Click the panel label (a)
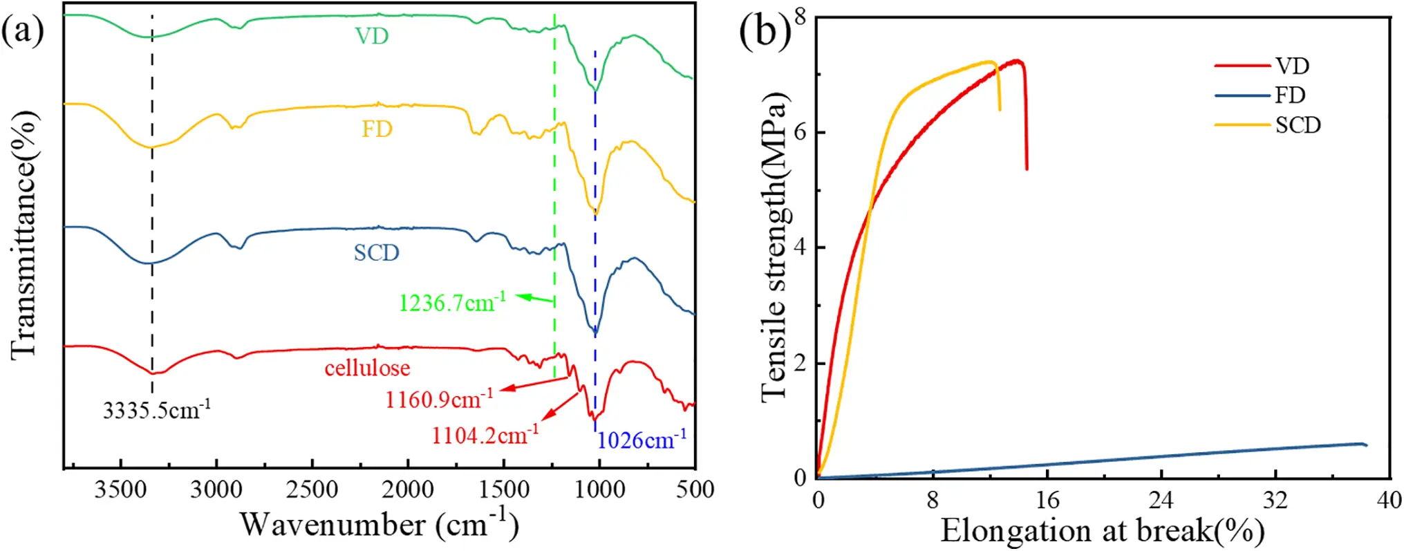point(23,31)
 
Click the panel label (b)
point(765,31)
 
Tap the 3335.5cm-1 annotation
point(157,410)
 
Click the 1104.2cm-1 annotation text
point(485,435)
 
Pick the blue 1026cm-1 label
point(642,440)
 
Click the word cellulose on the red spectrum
point(367,368)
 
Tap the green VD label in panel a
point(372,36)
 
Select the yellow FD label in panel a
point(377,129)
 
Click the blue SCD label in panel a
point(376,252)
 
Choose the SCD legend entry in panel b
point(1297,125)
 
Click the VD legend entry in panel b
point(1291,66)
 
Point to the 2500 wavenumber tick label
point(312,490)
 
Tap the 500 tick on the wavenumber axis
point(695,490)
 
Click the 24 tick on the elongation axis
point(1161,500)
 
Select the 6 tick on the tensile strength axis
point(801,132)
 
